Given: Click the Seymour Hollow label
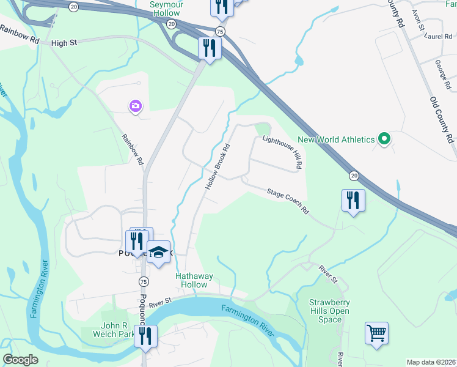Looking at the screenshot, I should tap(167, 9).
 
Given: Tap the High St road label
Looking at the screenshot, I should tap(66, 43).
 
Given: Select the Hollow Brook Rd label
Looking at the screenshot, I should tap(218, 166).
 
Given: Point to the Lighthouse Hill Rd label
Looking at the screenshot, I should tap(283, 152).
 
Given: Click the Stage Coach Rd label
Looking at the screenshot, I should tap(288, 201).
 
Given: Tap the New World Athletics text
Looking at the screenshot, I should tap(337, 140).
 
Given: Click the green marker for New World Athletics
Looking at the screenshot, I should tap(384, 140).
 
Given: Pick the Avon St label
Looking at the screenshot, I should tap(418, 19).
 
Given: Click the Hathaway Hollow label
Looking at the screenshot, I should tap(195, 280).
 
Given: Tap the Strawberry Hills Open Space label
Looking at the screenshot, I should tap(329, 311).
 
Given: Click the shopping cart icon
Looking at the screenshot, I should tap(376, 333).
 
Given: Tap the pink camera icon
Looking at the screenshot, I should tap(135, 106).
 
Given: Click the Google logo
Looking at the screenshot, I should tap(21, 360).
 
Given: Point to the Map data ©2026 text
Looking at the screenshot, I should tap(430, 362).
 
